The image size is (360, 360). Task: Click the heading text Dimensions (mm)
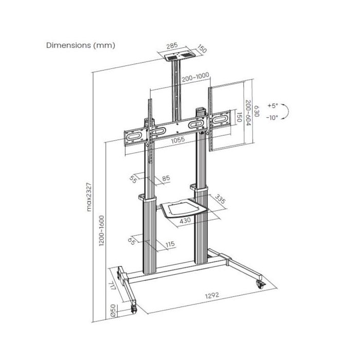tap(81, 45)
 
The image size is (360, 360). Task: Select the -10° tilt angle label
tap(273, 117)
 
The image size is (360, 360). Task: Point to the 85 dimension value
tap(166, 178)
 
